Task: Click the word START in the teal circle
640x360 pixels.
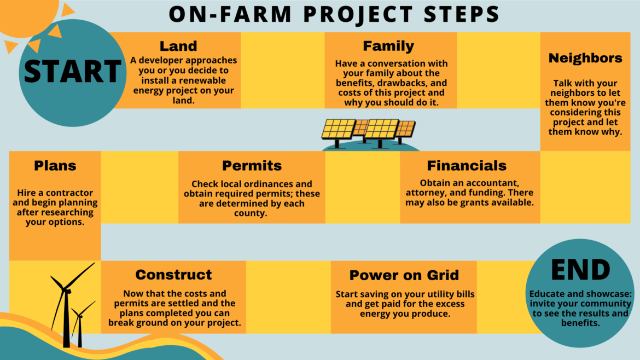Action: pos(72,72)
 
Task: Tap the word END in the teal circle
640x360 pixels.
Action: pos(580,269)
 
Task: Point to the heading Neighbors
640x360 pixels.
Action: pos(585,58)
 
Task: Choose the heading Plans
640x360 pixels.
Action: pos(55,165)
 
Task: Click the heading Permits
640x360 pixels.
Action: pos(252,165)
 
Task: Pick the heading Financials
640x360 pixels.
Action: pos(467,165)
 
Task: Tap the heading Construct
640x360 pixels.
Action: pos(173,274)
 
